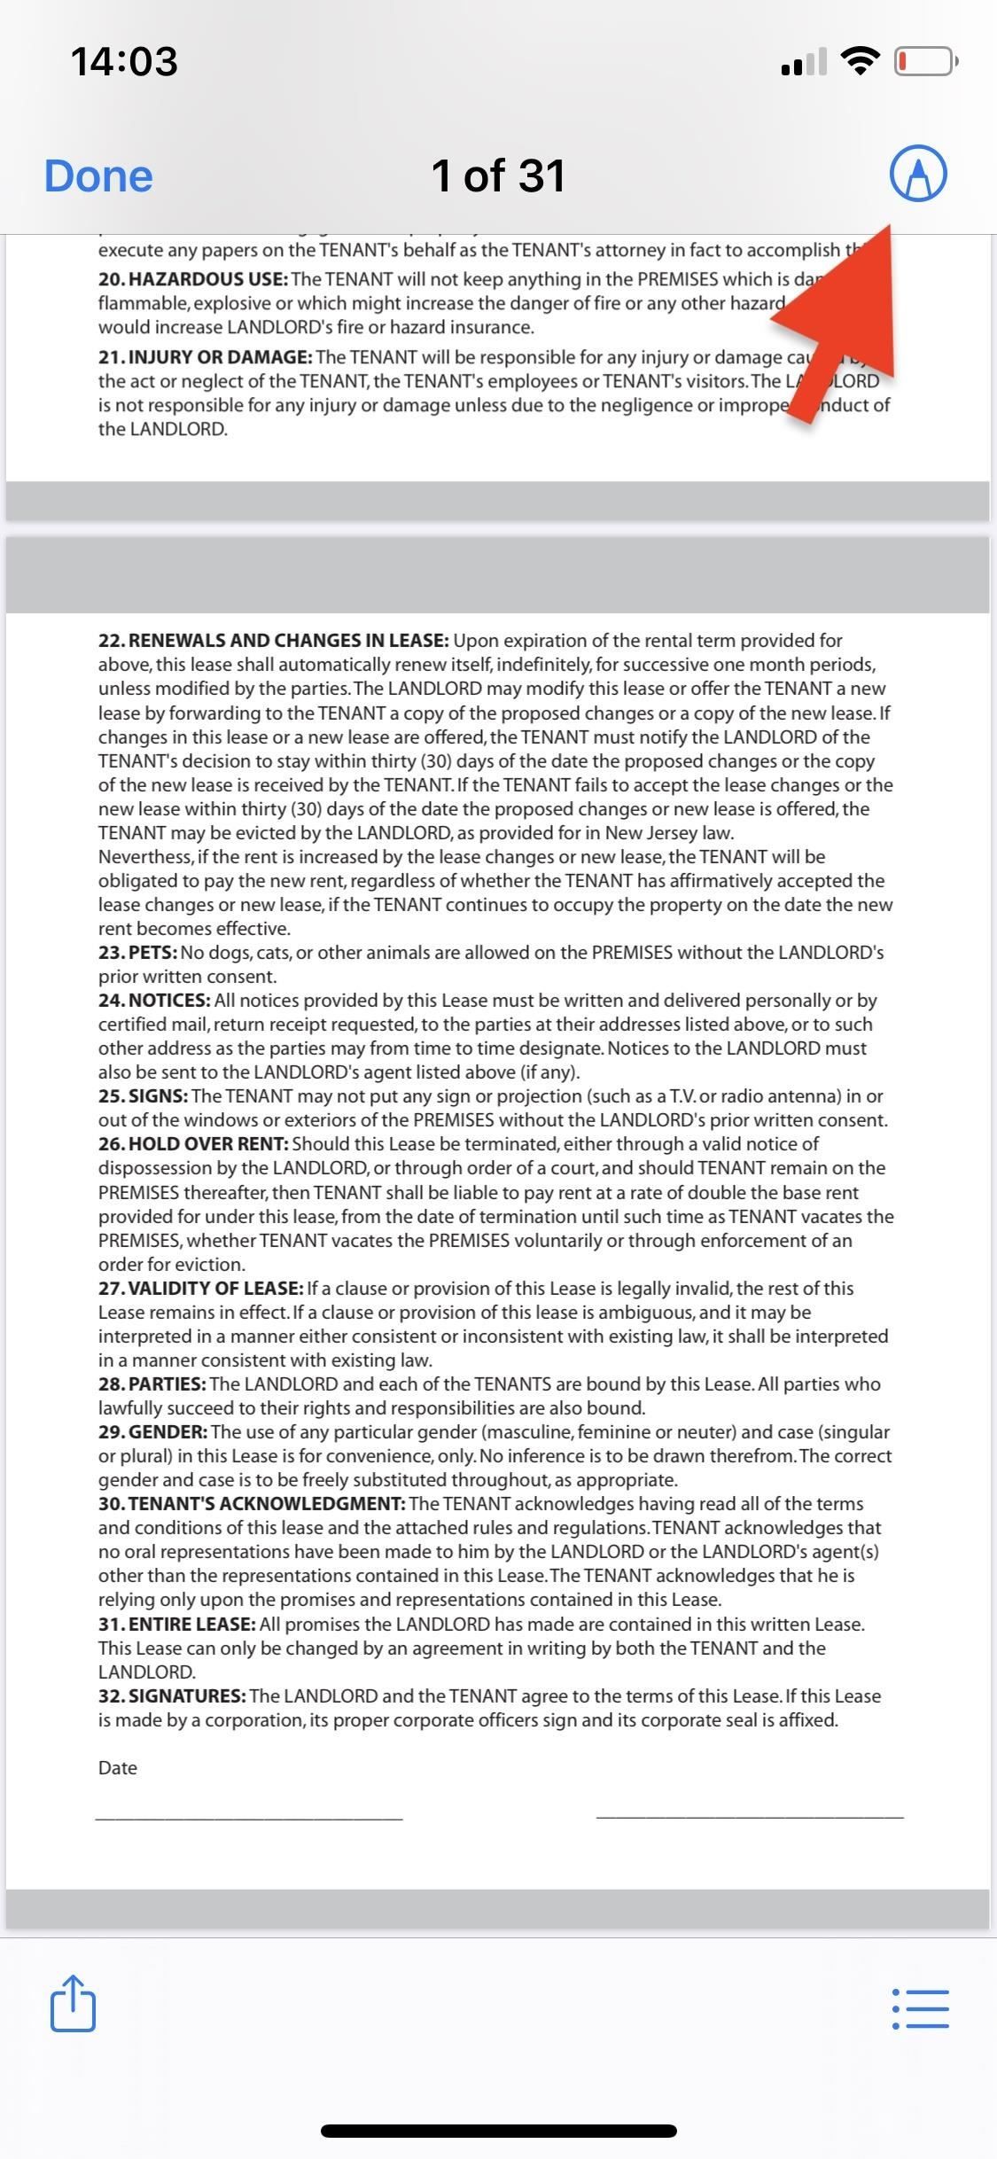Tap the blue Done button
[98, 175]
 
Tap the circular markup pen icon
[918, 173]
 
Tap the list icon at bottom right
[920, 2009]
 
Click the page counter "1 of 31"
[498, 175]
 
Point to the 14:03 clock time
[124, 61]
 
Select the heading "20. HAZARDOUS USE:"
[193, 279]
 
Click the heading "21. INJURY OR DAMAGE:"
[206, 357]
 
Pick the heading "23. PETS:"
[138, 953]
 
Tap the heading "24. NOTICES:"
[154, 1001]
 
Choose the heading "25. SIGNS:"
[143, 1096]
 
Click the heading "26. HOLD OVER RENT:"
[193, 1144]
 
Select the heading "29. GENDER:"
[153, 1432]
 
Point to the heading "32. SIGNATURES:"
[172, 1696]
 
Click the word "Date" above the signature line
[118, 1768]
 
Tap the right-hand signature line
[750, 1818]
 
